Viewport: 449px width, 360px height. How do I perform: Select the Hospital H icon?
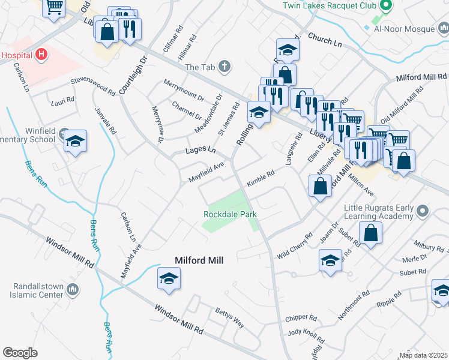pyautogui.click(x=41, y=55)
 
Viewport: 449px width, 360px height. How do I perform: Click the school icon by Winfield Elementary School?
pyautogui.click(x=76, y=141)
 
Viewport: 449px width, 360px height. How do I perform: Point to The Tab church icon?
pyautogui.click(x=224, y=67)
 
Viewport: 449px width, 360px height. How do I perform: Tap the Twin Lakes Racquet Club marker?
pyautogui.click(x=386, y=6)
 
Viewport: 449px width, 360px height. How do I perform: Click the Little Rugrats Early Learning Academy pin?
pyautogui.click(x=423, y=211)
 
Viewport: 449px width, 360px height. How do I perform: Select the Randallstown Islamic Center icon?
pyautogui.click(x=73, y=290)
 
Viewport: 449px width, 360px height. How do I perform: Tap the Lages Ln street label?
pyautogui.click(x=200, y=149)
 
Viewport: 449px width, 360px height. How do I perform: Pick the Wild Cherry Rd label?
pyautogui.click(x=295, y=247)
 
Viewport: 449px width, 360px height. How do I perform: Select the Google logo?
pyautogui.click(x=19, y=353)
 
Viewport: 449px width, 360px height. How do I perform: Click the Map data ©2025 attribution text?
pyautogui.click(x=423, y=355)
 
